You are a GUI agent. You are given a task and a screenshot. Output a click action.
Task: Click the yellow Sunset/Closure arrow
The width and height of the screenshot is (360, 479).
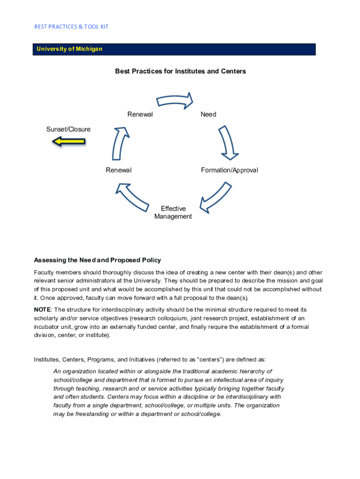(68, 141)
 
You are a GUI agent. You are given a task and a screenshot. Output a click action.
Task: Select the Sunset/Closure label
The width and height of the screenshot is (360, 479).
(68, 129)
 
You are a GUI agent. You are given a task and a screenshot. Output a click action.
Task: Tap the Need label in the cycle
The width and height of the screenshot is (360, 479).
(208, 114)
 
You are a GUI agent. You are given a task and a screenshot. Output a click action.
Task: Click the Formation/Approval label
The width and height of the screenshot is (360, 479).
(229, 170)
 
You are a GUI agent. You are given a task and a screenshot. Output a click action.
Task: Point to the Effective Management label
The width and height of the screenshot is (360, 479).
(173, 212)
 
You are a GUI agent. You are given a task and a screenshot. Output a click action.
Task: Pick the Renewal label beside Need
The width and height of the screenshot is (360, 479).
(140, 114)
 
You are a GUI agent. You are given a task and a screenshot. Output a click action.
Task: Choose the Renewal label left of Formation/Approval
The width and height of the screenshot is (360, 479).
(118, 170)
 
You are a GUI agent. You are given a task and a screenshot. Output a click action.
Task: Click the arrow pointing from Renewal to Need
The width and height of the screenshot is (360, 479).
(174, 100)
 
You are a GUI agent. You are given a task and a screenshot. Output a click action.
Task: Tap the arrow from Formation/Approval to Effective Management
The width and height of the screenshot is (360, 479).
(215, 196)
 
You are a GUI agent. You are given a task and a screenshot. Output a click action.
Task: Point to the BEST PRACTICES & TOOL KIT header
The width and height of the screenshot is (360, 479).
(71, 27)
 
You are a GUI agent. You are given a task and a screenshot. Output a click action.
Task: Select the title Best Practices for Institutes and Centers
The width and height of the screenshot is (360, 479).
(180, 71)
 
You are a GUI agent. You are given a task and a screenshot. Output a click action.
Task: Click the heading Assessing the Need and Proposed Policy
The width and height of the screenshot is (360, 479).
(97, 260)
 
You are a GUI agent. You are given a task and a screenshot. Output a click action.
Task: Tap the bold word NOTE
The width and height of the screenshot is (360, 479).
(42, 310)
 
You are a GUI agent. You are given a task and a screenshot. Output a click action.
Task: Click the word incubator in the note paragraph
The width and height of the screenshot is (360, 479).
(48, 327)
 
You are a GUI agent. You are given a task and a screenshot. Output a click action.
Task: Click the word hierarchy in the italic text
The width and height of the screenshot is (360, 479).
(252, 371)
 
